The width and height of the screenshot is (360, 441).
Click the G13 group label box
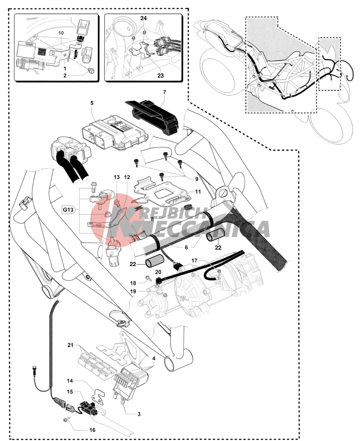click(68, 210)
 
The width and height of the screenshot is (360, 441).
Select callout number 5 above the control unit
click(92, 103)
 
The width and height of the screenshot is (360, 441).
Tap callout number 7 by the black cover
click(164, 92)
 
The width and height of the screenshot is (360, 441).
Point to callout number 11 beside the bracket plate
click(198, 192)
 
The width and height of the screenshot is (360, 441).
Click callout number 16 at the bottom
click(92, 430)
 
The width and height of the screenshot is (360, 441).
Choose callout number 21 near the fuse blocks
click(70, 345)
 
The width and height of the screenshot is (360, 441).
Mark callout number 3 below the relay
click(139, 414)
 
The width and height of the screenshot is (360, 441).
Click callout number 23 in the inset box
click(161, 75)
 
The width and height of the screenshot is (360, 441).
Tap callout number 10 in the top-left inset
click(61, 33)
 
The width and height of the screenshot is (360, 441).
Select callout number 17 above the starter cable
click(194, 260)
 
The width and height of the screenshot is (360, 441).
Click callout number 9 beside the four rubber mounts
click(196, 179)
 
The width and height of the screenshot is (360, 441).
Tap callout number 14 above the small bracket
click(70, 380)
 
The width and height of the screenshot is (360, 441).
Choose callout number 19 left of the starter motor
click(133, 291)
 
